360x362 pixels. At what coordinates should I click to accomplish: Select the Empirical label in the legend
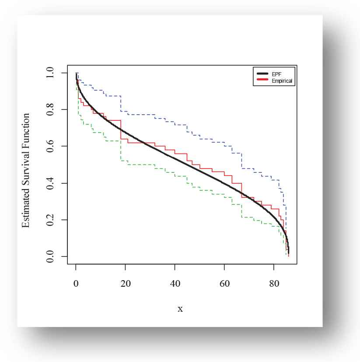281,81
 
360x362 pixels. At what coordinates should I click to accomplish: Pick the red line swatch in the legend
262,81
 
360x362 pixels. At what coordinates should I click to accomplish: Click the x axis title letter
180,309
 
